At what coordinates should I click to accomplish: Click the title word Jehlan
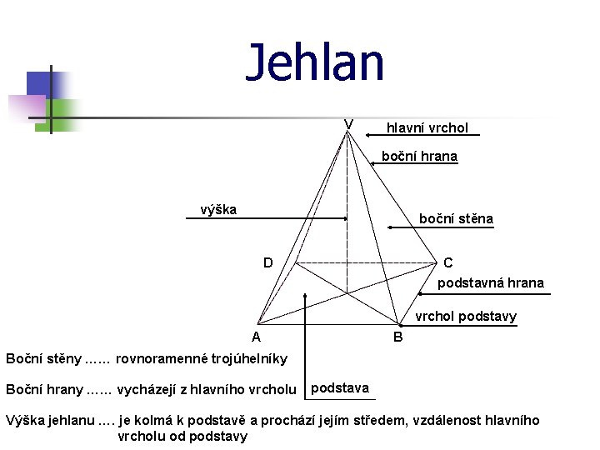(x=315, y=63)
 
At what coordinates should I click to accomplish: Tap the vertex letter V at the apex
(x=348, y=125)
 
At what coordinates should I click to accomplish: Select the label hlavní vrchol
(x=427, y=127)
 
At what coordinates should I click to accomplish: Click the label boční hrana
(x=419, y=156)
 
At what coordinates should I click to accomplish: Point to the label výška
(x=218, y=209)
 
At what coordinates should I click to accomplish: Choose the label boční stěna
(x=456, y=219)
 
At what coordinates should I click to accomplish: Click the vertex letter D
(x=267, y=262)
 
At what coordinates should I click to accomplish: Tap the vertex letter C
(x=448, y=262)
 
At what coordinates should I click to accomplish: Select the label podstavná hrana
(x=491, y=283)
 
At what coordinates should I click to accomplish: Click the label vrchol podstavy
(x=466, y=317)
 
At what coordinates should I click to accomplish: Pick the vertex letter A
(x=257, y=337)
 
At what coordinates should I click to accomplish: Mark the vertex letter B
(x=397, y=337)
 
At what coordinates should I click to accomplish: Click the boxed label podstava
(x=339, y=387)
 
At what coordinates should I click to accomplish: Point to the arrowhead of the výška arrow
(x=344, y=218)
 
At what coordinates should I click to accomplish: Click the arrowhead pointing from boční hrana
(x=373, y=165)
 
